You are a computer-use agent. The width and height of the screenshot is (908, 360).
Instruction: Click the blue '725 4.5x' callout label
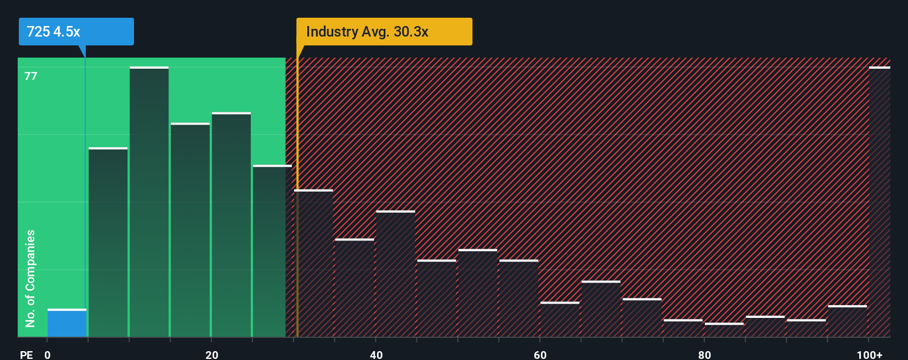click(76, 32)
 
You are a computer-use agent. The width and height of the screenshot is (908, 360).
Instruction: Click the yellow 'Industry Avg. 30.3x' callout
click(384, 32)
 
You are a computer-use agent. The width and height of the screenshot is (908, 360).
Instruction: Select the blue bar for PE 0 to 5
click(67, 323)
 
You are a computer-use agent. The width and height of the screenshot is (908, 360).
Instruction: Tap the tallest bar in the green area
click(149, 202)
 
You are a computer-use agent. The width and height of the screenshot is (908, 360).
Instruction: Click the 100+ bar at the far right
click(879, 202)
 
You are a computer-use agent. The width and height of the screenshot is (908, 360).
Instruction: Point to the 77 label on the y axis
click(31, 76)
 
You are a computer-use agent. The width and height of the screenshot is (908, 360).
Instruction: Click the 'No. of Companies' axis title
click(30, 278)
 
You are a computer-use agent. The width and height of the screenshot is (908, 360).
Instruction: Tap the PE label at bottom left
click(26, 354)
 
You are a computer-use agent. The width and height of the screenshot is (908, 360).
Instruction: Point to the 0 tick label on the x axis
click(48, 354)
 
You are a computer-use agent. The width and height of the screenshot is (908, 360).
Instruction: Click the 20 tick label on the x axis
click(211, 354)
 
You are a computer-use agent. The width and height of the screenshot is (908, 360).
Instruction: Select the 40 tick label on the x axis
click(376, 354)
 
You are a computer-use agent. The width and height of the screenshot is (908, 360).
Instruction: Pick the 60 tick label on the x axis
click(540, 354)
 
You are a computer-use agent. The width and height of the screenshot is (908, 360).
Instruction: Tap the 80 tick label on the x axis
click(704, 354)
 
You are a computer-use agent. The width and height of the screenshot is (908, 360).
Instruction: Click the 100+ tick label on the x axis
click(869, 354)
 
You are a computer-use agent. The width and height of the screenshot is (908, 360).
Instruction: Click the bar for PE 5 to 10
click(108, 243)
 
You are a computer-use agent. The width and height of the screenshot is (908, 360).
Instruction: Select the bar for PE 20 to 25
click(231, 225)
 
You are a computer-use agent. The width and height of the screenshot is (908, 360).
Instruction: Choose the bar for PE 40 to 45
click(395, 274)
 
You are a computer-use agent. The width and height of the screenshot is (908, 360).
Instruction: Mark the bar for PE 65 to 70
click(601, 309)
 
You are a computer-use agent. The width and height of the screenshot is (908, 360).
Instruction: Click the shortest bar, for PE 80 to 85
click(724, 330)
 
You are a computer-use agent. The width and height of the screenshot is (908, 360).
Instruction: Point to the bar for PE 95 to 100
click(847, 321)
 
